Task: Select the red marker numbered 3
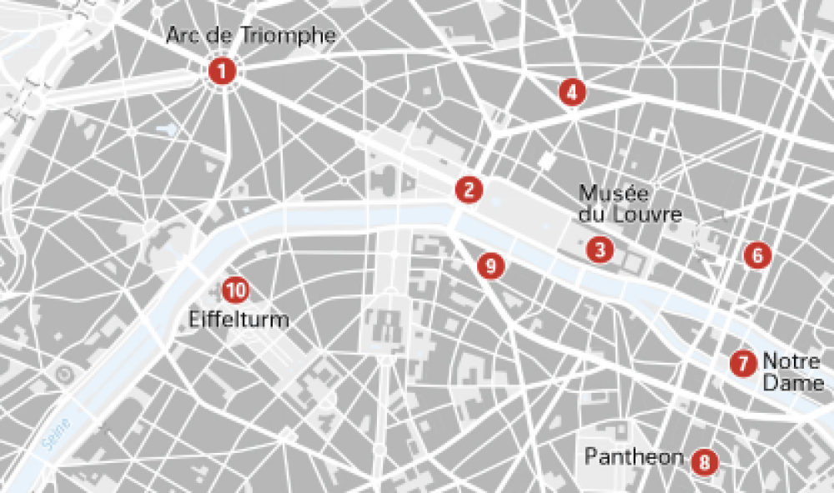[599, 249]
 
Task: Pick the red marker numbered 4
[571, 92]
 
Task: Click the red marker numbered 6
[756, 255]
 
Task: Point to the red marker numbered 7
[741, 364]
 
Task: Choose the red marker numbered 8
[705, 461]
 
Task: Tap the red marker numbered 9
[491, 266]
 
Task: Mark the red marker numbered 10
[236, 290]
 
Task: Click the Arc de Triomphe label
[250, 36]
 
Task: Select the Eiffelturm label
[239, 319]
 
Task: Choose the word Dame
[792, 382]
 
